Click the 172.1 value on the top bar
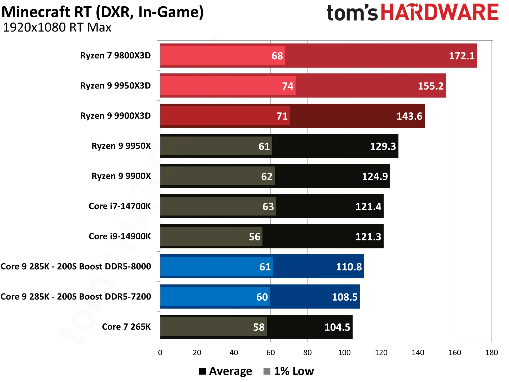click(462, 56)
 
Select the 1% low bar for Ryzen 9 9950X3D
click(228, 86)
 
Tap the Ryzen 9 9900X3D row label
click(115, 116)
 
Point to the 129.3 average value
click(383, 146)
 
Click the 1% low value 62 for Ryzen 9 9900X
click(267, 177)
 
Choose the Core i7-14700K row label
click(120, 206)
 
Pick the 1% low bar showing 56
click(211, 236)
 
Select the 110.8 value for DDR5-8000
click(349, 267)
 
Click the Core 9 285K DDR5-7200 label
click(76, 297)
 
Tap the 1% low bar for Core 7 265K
click(213, 327)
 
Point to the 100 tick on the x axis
click(344, 353)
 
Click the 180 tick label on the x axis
click(492, 353)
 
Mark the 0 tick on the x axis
click(160, 353)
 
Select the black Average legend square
click(202, 371)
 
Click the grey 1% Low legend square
click(267, 371)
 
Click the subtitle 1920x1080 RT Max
click(57, 28)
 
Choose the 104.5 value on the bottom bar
click(337, 327)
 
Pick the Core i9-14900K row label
click(120, 236)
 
